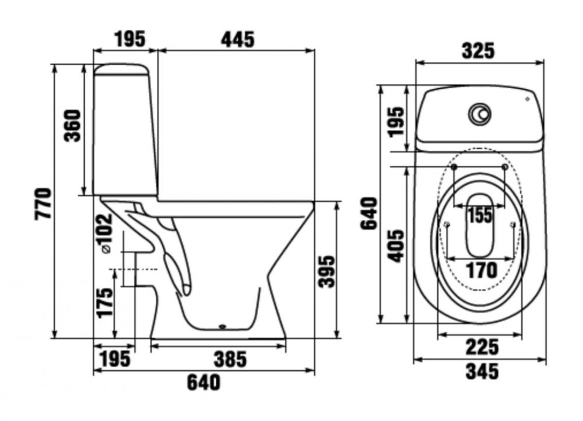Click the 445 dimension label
(238, 40)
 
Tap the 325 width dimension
(479, 51)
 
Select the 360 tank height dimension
(72, 125)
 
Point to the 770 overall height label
(43, 204)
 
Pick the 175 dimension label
(104, 302)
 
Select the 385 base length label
(230, 359)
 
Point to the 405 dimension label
(395, 246)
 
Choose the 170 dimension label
(482, 271)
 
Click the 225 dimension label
(482, 347)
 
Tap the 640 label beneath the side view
(203, 383)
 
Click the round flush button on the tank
(480, 113)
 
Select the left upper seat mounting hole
(454, 167)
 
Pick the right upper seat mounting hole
(504, 167)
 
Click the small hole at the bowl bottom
(223, 327)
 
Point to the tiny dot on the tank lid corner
(527, 99)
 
